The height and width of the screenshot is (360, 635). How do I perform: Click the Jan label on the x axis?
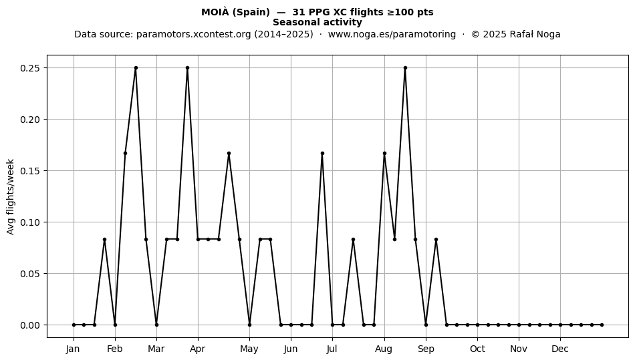click(73, 349)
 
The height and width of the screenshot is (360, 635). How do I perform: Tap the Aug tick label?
click(384, 349)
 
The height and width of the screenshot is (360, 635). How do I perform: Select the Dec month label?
click(560, 349)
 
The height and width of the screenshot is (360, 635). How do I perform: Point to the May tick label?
click(249, 349)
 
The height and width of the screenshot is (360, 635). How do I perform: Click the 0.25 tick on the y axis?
click(31, 68)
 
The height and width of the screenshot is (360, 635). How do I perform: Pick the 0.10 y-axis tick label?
click(31, 222)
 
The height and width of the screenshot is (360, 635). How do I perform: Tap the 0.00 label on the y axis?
click(31, 325)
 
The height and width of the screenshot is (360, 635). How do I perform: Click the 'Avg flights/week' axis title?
click(11, 196)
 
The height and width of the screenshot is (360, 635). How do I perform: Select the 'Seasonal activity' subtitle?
click(317, 22)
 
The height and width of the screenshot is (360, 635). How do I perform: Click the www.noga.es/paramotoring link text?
click(392, 34)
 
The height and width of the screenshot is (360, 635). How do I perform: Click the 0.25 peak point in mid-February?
click(136, 68)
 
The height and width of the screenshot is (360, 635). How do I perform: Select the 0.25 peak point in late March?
click(188, 68)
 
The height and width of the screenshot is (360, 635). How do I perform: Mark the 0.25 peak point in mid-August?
click(405, 68)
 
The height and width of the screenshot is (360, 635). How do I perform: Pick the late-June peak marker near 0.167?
click(322, 154)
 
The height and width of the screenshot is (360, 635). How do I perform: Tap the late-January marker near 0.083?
click(104, 240)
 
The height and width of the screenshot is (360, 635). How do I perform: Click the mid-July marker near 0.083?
click(353, 240)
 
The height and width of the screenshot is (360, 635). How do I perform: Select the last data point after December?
click(602, 325)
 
